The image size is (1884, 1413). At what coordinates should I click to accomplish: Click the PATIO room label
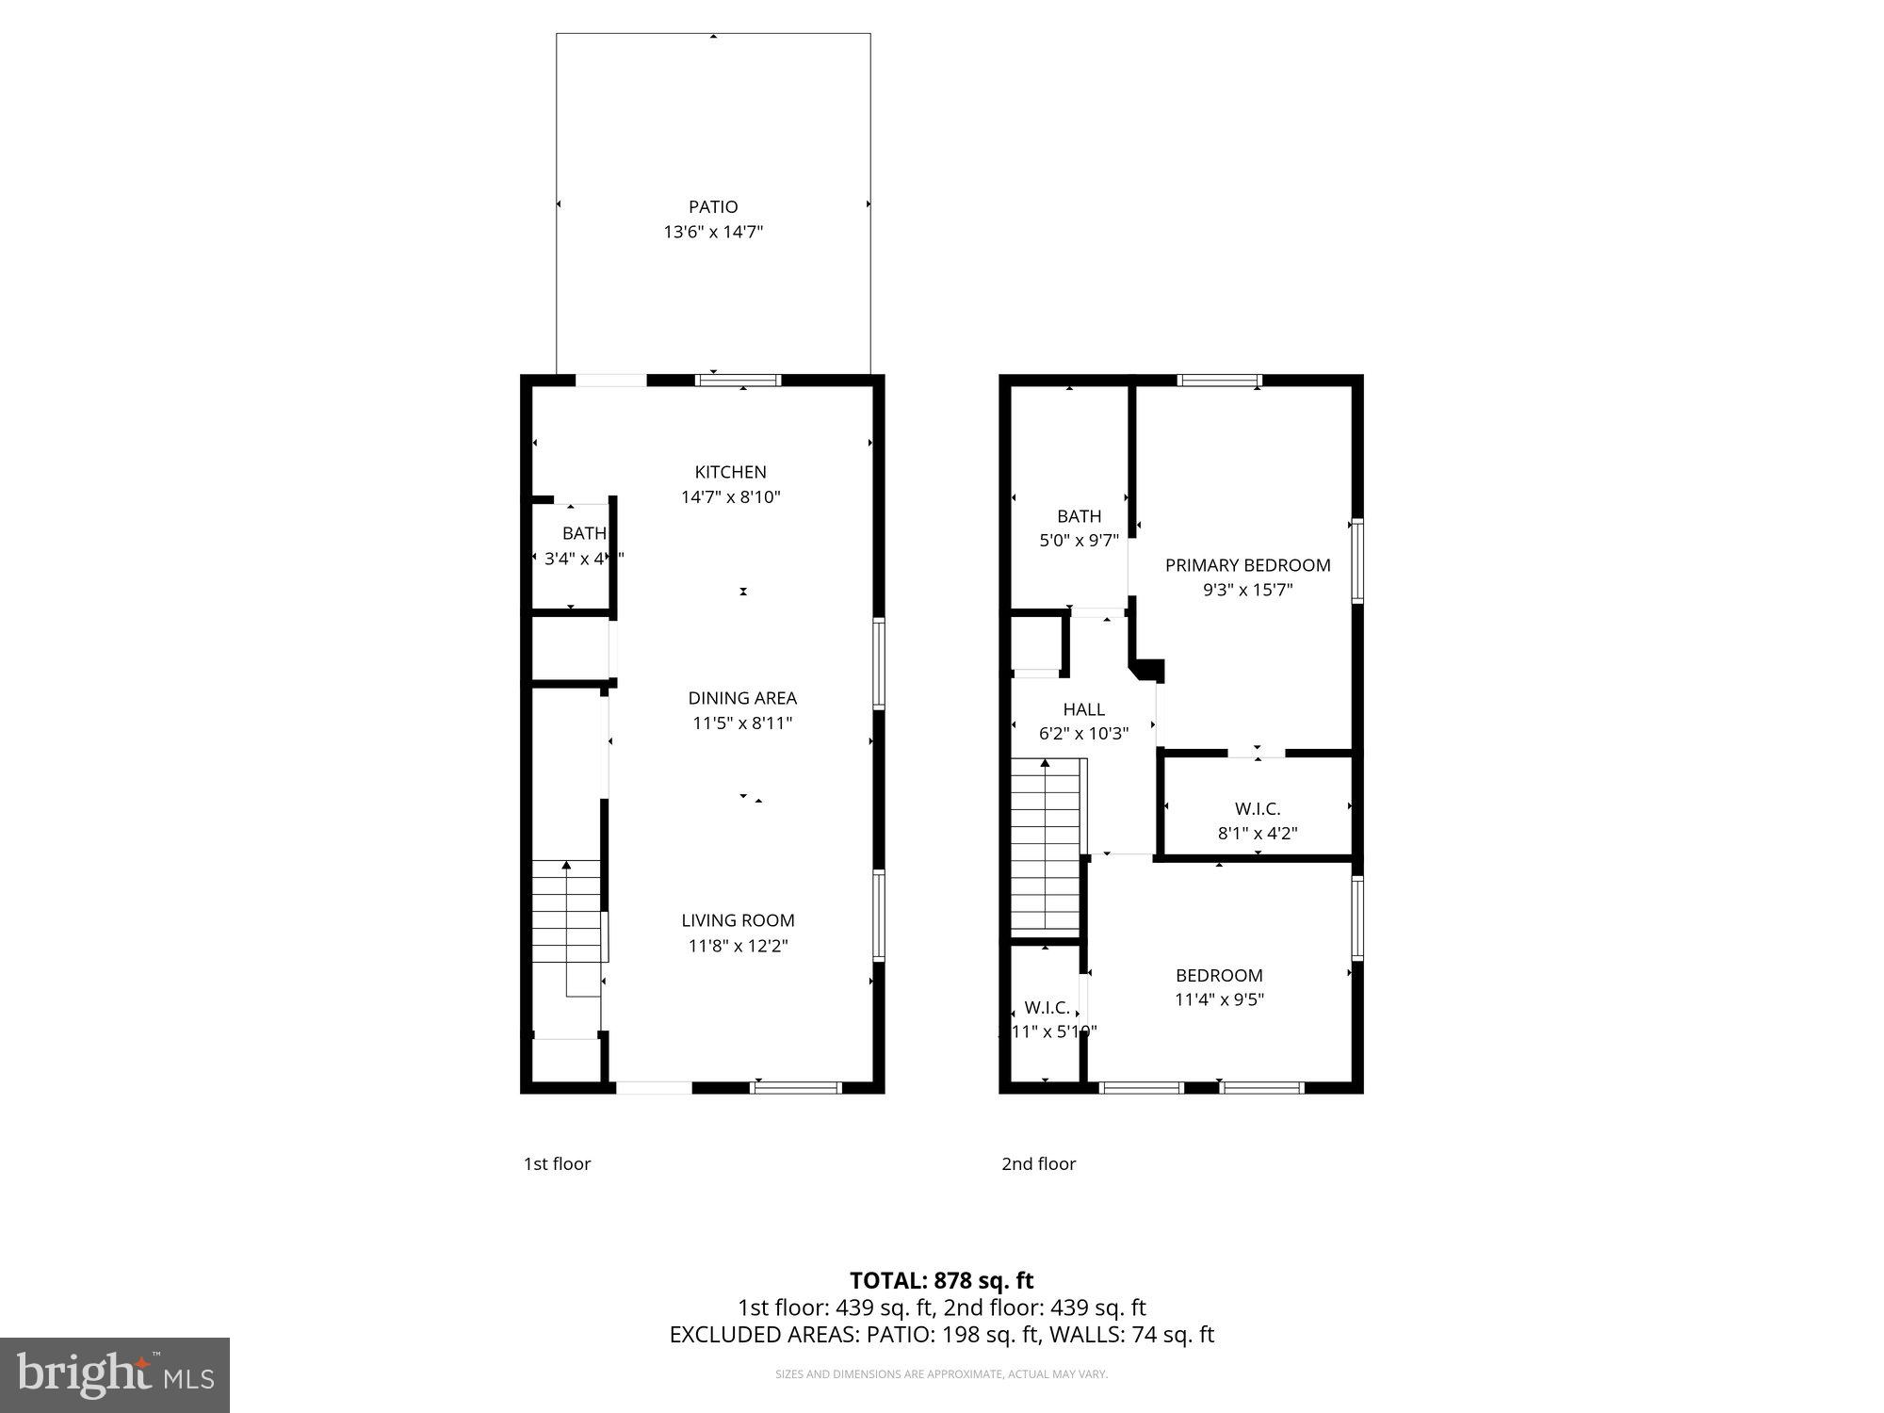tap(713, 206)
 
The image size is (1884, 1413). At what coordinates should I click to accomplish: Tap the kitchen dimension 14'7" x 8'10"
tap(731, 497)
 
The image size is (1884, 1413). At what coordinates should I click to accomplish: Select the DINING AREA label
tap(742, 698)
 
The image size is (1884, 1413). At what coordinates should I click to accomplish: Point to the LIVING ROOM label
tap(738, 920)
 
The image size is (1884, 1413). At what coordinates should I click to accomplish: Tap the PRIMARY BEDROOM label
tap(1247, 565)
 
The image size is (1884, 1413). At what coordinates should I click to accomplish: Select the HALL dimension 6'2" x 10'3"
tap(1083, 734)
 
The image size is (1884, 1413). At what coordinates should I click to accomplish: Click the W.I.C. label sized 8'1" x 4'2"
tap(1258, 808)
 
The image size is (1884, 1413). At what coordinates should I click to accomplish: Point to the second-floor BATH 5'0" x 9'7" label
tap(1079, 516)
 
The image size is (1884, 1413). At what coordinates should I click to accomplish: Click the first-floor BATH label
tap(584, 534)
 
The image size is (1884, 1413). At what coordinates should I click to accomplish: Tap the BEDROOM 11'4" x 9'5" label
tap(1219, 976)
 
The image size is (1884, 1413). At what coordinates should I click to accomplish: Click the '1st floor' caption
tap(557, 1163)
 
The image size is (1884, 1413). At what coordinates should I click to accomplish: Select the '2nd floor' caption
tap(1038, 1163)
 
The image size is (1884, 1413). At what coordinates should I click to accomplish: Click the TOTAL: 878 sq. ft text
tap(941, 1280)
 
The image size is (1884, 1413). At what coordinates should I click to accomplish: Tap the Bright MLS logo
tap(115, 1375)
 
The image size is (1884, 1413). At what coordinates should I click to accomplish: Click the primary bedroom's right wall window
tap(1357, 560)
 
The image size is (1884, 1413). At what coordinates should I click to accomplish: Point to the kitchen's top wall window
tap(738, 381)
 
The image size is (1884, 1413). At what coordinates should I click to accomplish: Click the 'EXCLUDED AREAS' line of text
tap(941, 1334)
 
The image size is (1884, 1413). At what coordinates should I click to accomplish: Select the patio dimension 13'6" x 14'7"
tap(713, 232)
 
